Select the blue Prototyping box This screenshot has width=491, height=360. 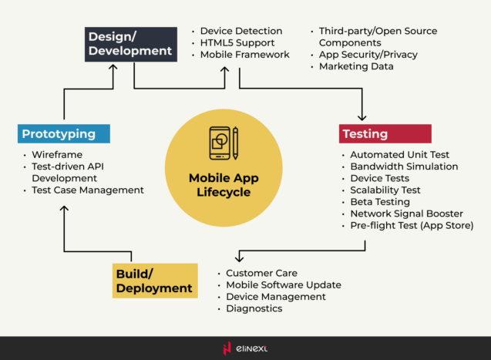click(x=63, y=133)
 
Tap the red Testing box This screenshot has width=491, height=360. click(x=385, y=133)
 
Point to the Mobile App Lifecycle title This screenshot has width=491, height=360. click(x=224, y=185)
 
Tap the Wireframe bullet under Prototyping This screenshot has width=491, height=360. click(x=57, y=154)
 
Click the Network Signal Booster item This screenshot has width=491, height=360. click(x=406, y=214)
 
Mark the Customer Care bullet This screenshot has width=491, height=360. click(x=261, y=273)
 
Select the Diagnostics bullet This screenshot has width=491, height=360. click(x=254, y=308)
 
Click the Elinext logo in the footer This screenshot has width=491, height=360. click(x=245, y=348)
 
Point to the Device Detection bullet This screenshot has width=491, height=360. click(x=240, y=32)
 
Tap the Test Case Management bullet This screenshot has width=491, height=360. click(x=88, y=190)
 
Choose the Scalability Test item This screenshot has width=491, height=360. click(x=385, y=190)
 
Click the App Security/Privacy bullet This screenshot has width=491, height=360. click(x=368, y=55)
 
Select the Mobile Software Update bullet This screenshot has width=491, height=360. click(x=283, y=284)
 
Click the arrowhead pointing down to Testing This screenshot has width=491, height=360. click(x=362, y=116)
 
